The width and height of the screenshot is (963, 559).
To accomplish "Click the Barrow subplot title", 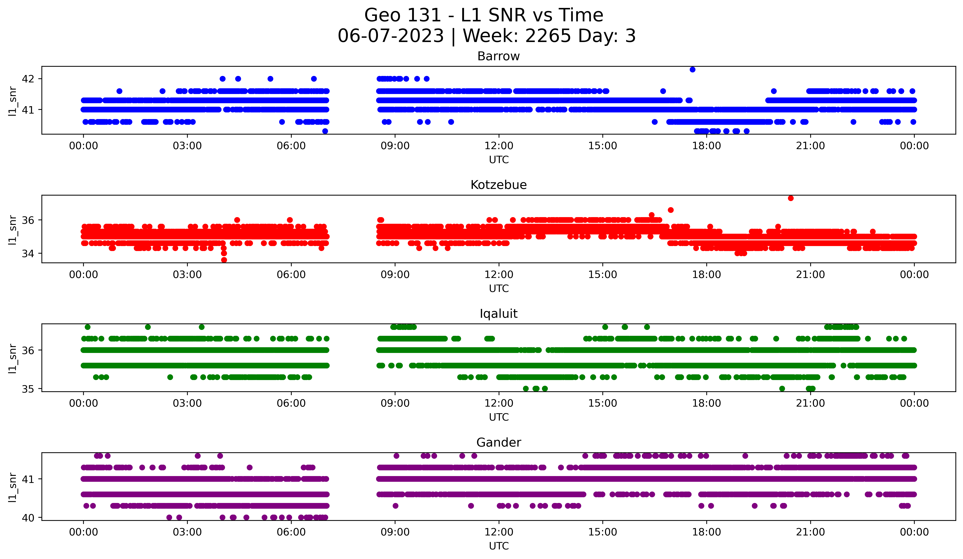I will click(498, 56).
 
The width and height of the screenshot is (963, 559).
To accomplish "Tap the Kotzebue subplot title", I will click(498, 185).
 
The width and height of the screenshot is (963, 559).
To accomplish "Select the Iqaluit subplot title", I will click(498, 314).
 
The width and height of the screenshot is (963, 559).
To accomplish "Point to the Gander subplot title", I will click(498, 443).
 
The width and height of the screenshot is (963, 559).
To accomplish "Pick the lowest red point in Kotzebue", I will click(224, 260).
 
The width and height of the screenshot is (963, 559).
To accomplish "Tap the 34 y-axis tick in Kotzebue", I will click(28, 254).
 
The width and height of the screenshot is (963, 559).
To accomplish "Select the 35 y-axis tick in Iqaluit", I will click(28, 389).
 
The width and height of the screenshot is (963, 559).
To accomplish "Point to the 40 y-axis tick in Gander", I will click(28, 518).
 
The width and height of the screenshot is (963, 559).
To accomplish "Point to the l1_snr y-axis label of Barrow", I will click(13, 101).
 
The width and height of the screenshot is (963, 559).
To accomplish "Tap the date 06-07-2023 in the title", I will click(390, 36).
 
